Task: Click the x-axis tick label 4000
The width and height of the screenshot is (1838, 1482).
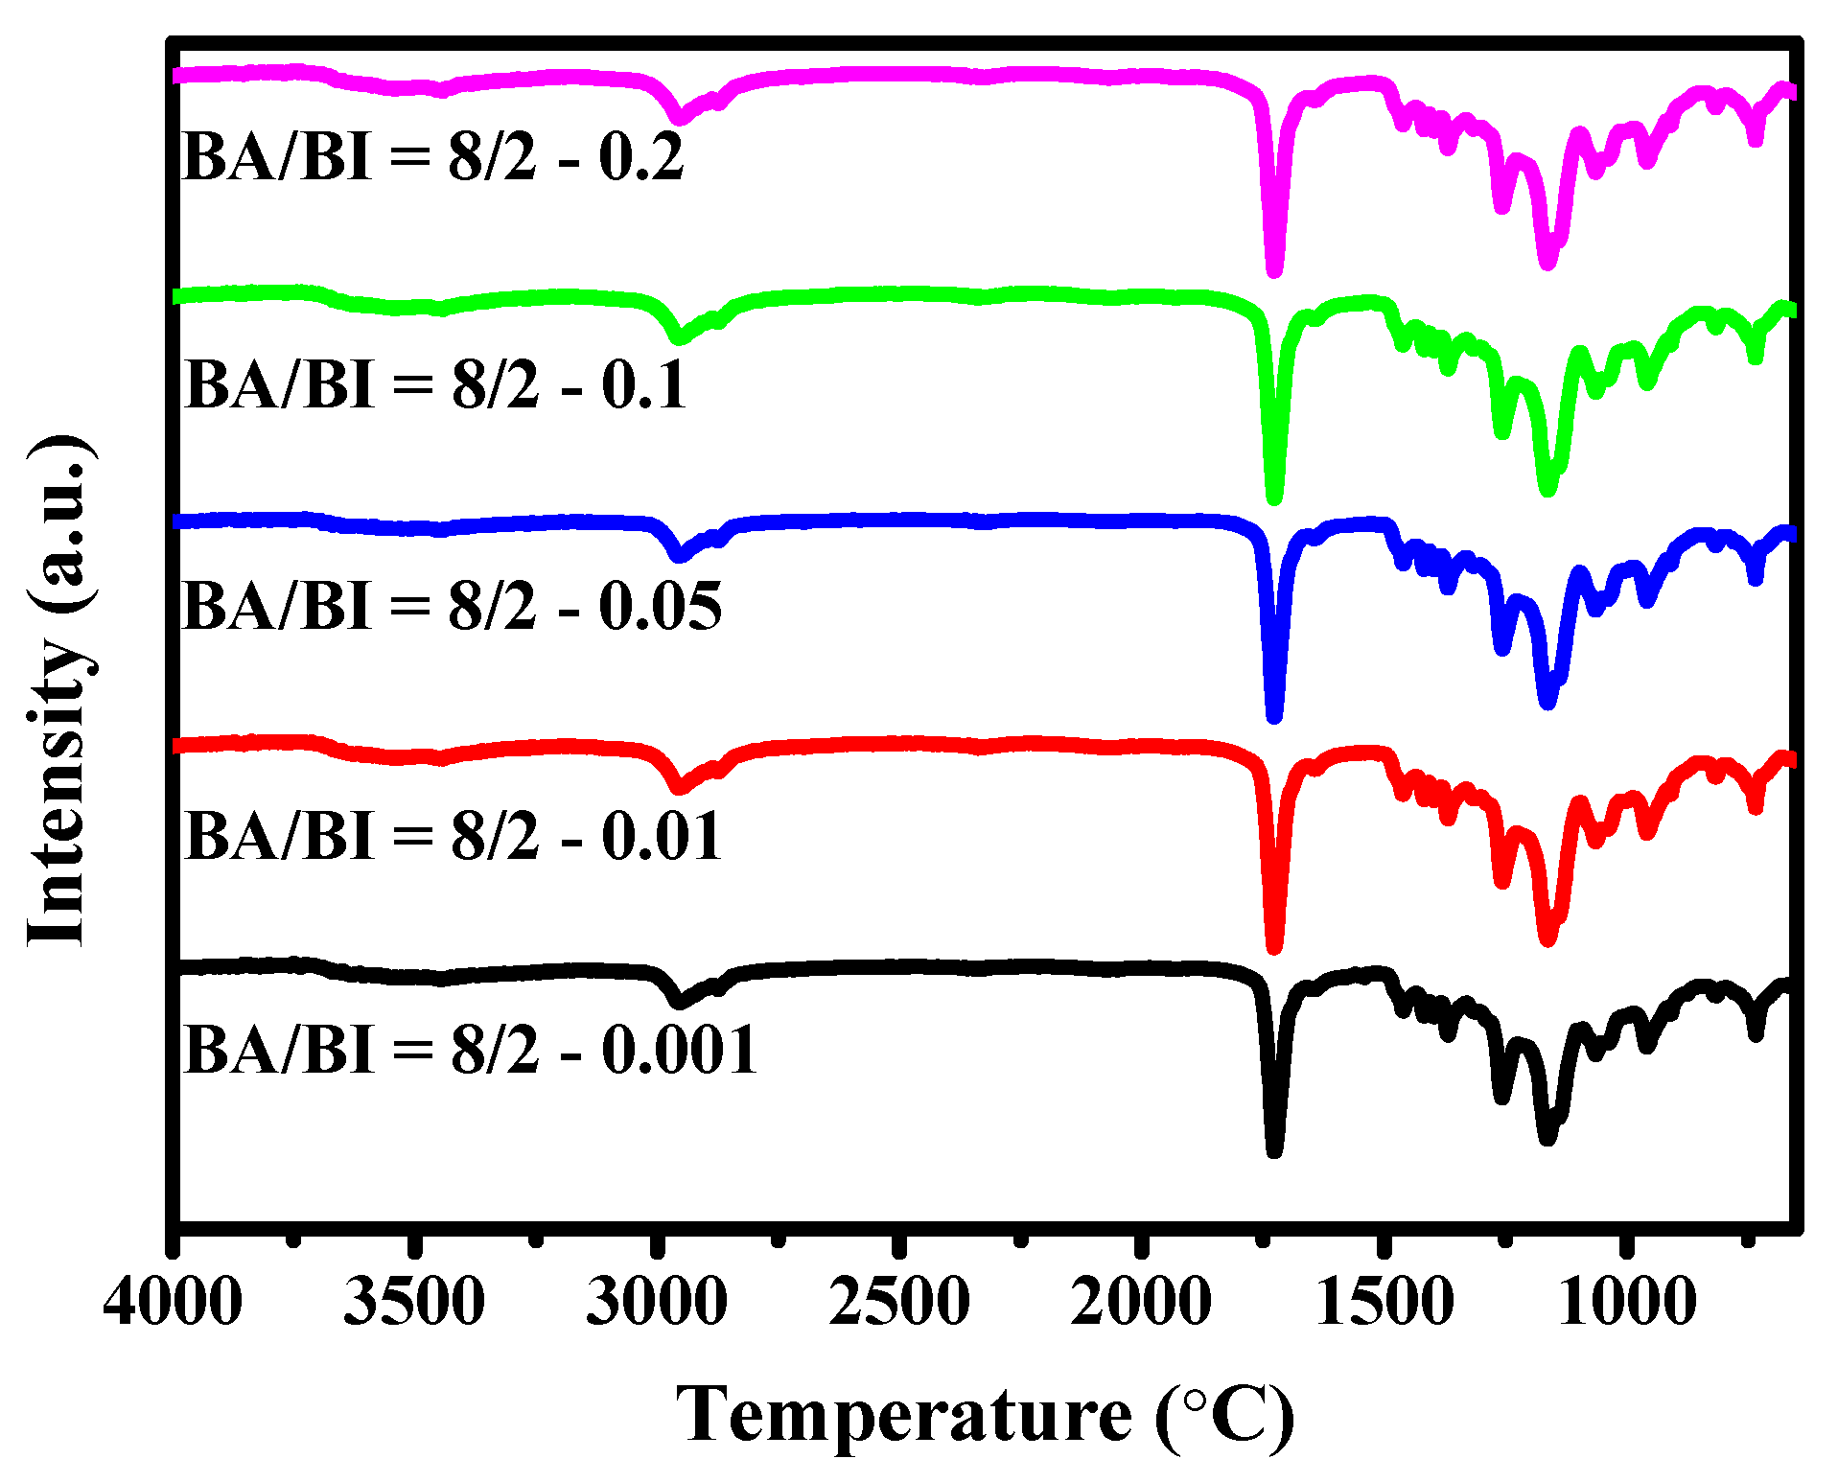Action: (173, 1302)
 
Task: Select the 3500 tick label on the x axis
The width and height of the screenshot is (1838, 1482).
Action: (414, 1302)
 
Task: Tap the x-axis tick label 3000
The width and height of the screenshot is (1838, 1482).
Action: (657, 1302)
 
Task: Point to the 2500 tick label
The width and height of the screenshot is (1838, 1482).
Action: (899, 1302)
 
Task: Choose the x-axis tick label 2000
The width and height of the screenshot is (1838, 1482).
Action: (1141, 1302)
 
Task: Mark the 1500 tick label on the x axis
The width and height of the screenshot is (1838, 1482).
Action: (1384, 1302)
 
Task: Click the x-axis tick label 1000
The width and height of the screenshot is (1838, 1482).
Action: (1627, 1302)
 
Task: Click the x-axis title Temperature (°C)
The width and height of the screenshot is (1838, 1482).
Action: (985, 1415)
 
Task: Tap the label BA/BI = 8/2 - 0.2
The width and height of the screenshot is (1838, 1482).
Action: (432, 156)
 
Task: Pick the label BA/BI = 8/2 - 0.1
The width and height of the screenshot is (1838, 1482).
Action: (434, 384)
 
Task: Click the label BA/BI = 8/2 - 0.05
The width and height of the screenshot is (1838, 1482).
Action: (452, 606)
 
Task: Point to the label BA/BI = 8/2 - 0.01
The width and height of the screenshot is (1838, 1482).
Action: (452, 835)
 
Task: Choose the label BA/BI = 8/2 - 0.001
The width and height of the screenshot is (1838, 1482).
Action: (470, 1049)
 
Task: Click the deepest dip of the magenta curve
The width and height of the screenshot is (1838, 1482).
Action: (1274, 271)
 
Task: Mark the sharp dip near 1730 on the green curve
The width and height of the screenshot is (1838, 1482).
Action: (1274, 498)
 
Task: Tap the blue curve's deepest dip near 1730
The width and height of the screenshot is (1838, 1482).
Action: (1274, 716)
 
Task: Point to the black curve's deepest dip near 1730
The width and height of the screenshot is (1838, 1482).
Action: (1274, 1150)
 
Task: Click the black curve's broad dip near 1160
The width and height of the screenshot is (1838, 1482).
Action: (1547, 1138)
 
